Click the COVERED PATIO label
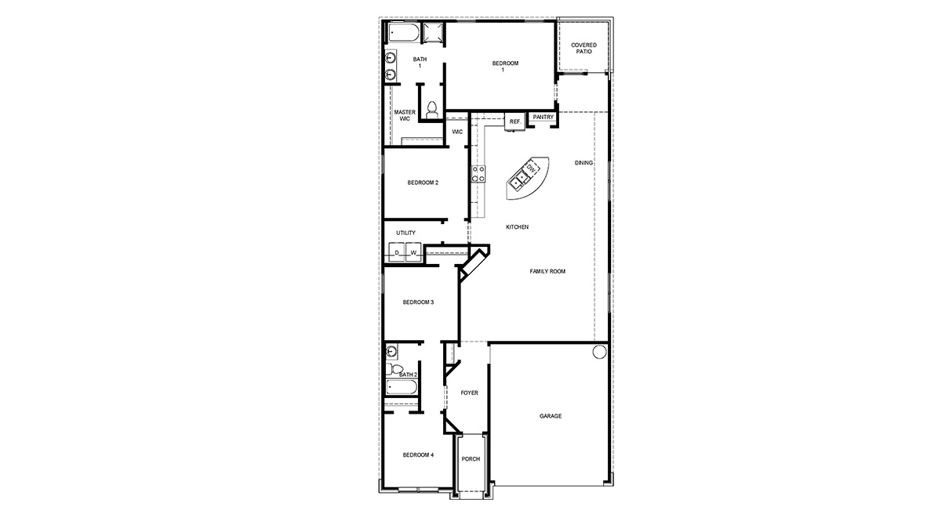click(x=583, y=49)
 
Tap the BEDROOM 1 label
click(x=505, y=67)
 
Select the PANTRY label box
click(x=543, y=118)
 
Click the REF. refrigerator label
click(x=514, y=121)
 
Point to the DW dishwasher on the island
click(x=531, y=168)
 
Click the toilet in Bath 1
click(x=431, y=110)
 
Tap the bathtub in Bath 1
click(x=403, y=34)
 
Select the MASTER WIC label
click(x=405, y=116)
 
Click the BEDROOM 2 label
click(x=423, y=183)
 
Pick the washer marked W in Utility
click(x=413, y=252)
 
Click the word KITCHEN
click(x=517, y=227)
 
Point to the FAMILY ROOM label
click(x=547, y=271)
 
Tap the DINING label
click(x=583, y=163)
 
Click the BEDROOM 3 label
click(x=418, y=302)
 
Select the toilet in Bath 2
click(x=396, y=370)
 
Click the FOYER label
click(x=469, y=393)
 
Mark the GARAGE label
click(x=550, y=416)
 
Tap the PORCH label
click(x=471, y=459)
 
